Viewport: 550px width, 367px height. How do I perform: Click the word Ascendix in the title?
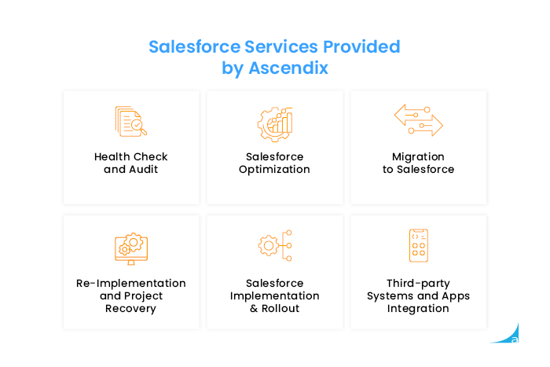pos(288,68)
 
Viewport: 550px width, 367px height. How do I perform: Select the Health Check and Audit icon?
pos(130,122)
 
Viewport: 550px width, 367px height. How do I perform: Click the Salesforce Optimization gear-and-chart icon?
pos(274,123)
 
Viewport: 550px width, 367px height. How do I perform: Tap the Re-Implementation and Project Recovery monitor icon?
pos(130,247)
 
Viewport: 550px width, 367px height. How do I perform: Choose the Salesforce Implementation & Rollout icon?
pos(274,245)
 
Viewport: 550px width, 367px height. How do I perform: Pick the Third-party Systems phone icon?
pos(418,246)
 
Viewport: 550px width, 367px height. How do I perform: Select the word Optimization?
pos(274,170)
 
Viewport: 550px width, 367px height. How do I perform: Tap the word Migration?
pos(418,156)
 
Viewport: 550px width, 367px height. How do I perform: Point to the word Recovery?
pos(130,309)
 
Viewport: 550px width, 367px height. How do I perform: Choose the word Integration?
pos(418,309)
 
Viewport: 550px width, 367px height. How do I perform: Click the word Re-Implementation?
pos(130,283)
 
